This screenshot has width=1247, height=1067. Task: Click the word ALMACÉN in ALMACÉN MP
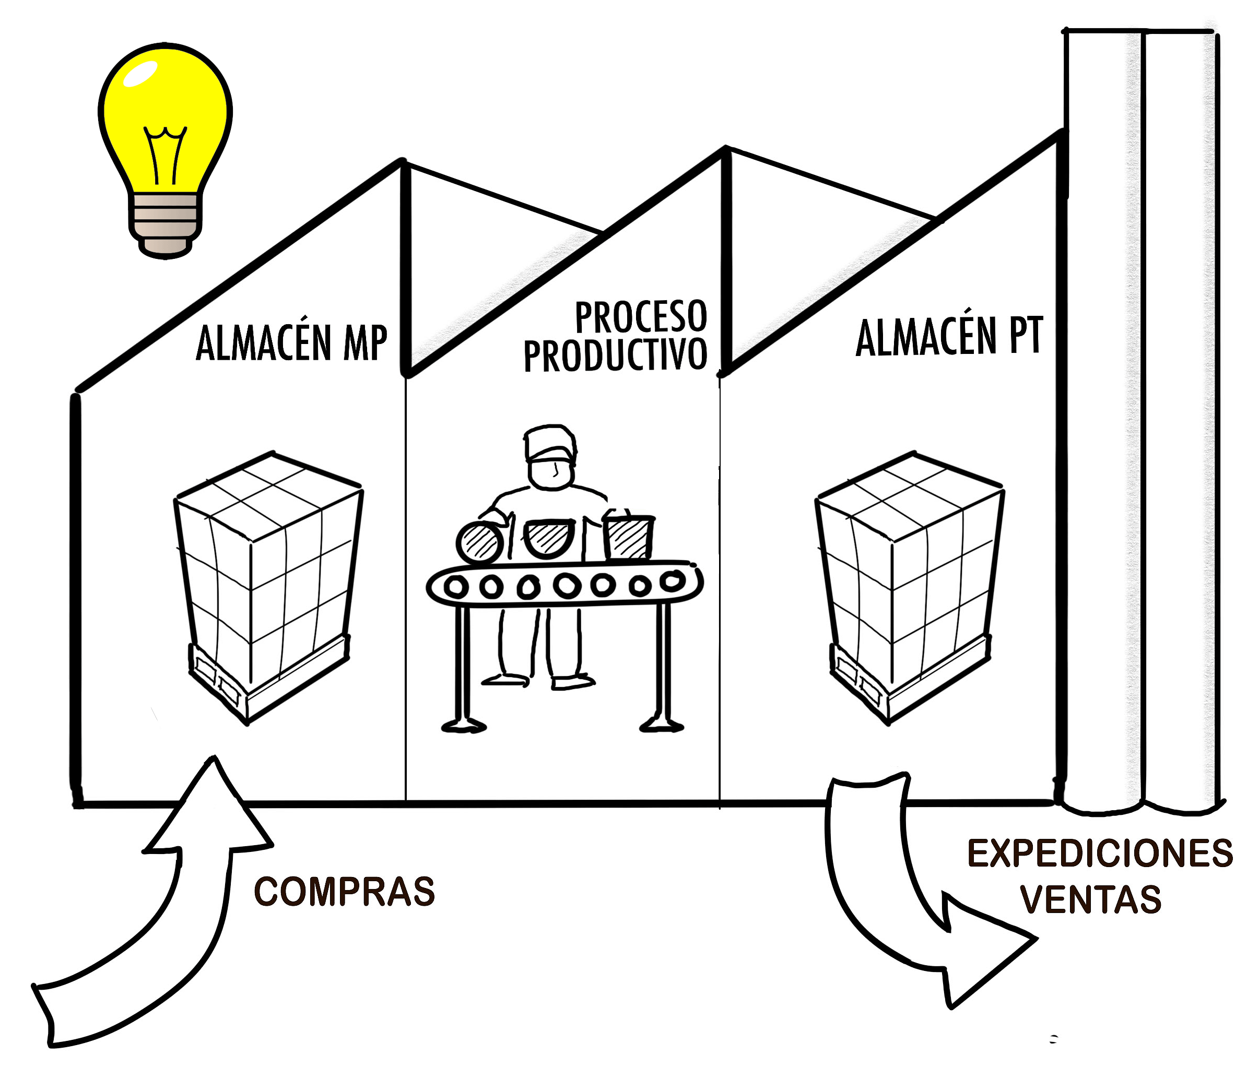coord(264,343)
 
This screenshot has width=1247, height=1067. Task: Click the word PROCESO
coord(640,317)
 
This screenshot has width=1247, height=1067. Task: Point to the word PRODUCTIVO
coord(615,355)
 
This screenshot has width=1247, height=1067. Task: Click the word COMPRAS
coord(344,892)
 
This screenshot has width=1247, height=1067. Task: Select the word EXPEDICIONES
coord(1100,853)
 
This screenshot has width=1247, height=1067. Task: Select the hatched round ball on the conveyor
coord(480,543)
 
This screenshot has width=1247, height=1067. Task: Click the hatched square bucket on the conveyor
coord(628,537)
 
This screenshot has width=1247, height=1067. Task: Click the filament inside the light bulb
coord(164,153)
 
